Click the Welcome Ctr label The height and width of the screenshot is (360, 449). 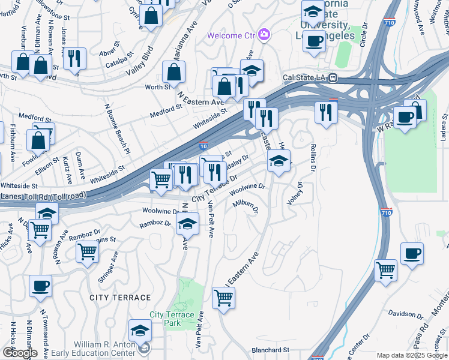(232, 35)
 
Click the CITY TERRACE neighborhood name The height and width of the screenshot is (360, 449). (120, 298)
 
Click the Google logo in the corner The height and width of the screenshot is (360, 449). (19, 352)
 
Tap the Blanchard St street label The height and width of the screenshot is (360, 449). (270, 350)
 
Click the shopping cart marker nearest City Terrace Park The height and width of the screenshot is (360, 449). (223, 298)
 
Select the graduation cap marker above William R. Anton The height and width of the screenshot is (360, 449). (140, 329)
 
